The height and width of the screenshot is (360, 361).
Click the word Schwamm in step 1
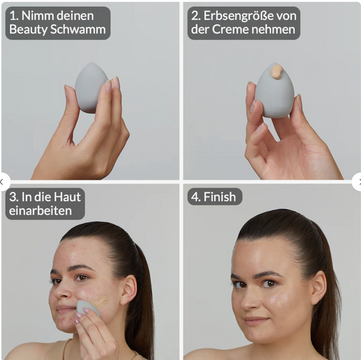(78, 30)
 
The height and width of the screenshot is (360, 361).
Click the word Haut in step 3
(67, 197)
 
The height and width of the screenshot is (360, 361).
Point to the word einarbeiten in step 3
(40, 211)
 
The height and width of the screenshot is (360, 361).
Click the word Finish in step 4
(219, 197)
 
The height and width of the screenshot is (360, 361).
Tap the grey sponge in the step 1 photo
(91, 88)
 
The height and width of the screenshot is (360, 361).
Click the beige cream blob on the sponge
(276, 71)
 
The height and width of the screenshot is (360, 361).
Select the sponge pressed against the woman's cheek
(87, 308)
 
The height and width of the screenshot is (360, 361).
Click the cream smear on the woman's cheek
(101, 301)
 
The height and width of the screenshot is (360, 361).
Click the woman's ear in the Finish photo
(318, 288)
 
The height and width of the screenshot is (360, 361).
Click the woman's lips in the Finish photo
(255, 320)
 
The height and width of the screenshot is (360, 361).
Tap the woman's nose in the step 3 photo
(62, 290)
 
